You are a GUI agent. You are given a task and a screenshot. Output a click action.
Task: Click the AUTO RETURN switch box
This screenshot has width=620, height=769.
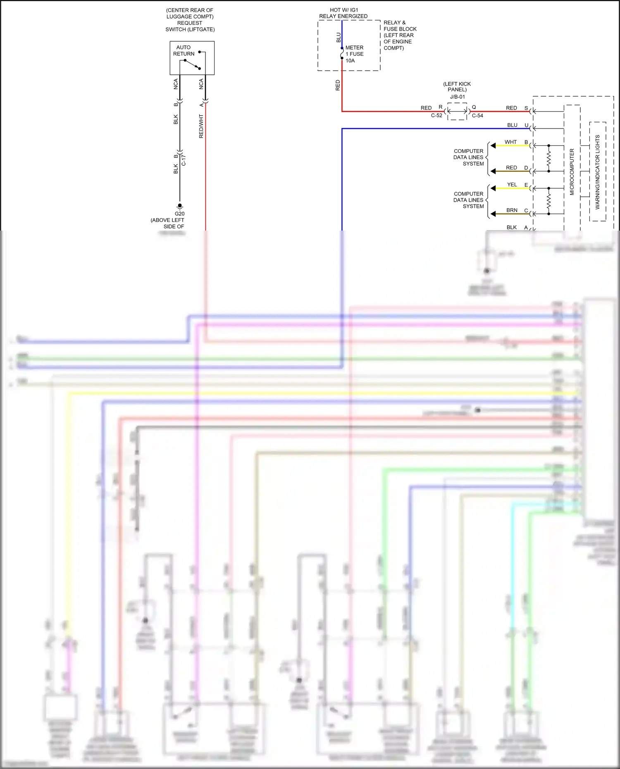click(192, 58)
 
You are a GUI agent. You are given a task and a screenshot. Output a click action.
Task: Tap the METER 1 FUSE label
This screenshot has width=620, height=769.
click(354, 54)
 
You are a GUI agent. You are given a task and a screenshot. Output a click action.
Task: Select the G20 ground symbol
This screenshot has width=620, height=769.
click(179, 206)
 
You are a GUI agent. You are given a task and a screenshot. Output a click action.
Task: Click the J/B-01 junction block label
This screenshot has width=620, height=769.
click(457, 97)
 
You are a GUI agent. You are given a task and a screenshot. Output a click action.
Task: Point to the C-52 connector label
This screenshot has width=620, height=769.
click(436, 116)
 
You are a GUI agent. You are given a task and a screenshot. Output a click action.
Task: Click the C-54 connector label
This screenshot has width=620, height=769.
click(477, 116)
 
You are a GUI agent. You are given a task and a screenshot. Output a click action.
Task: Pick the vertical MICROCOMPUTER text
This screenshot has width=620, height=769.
click(572, 172)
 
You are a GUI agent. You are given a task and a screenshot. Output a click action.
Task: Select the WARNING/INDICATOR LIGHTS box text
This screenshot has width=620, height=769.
click(597, 172)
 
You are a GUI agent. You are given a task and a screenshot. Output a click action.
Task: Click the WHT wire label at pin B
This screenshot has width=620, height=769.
click(510, 142)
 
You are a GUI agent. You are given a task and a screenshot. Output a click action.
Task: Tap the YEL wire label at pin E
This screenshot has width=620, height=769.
click(512, 185)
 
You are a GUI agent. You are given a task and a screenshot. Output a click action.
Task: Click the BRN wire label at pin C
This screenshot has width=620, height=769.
click(512, 210)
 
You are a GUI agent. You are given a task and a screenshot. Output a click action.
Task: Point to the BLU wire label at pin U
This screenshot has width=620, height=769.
click(512, 125)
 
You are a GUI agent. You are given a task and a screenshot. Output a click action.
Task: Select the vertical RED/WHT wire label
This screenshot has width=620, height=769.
click(201, 126)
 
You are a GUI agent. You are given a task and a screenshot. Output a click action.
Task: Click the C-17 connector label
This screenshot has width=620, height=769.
click(184, 160)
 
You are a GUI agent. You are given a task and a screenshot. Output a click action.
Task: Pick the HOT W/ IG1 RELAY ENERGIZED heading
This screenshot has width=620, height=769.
click(343, 13)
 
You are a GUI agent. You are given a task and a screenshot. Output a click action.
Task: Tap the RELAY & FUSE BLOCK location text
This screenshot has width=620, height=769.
click(399, 35)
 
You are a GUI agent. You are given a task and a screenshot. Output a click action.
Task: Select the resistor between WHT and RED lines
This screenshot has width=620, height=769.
click(549, 158)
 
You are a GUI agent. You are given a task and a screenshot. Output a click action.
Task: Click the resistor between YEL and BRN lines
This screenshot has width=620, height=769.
click(549, 201)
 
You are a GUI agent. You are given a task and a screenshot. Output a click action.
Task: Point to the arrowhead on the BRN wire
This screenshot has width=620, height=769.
click(493, 214)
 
